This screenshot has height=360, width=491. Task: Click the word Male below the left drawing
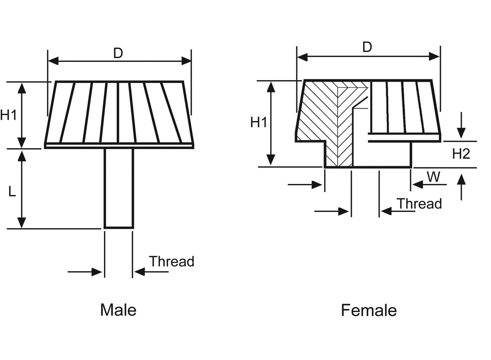(x=118, y=310)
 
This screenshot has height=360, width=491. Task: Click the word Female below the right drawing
(x=369, y=310)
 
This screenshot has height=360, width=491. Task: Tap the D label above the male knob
(x=118, y=53)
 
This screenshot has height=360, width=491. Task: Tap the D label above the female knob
(x=367, y=47)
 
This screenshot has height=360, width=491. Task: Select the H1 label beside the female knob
(x=259, y=122)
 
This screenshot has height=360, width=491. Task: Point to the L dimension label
(x=12, y=191)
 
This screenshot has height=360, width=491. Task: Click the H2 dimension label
(x=461, y=154)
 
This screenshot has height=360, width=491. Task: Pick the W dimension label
(x=433, y=177)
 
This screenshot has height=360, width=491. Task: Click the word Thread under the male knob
(x=171, y=261)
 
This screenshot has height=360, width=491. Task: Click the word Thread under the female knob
(x=419, y=203)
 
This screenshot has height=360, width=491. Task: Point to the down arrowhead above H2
(x=461, y=133)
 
